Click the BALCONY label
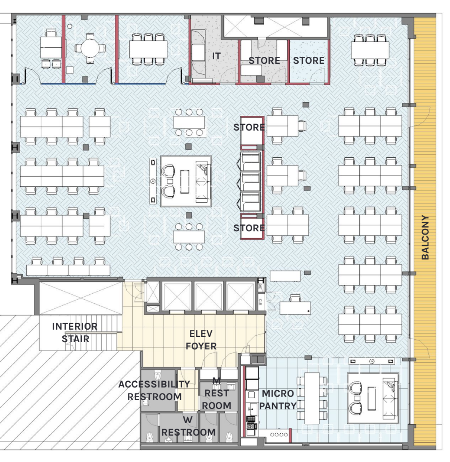(x=425, y=237)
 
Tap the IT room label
(x=216, y=56)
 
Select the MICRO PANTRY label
(x=278, y=399)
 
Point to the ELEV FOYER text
(x=201, y=340)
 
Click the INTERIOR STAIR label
(x=75, y=332)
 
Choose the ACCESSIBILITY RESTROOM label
(x=154, y=390)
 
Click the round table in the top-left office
(x=90, y=48)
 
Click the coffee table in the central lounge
(x=185, y=182)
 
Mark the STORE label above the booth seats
(x=249, y=127)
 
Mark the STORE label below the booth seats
(x=249, y=228)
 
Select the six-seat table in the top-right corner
(x=370, y=50)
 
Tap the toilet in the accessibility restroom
(x=158, y=375)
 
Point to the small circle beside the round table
(x=69, y=26)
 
